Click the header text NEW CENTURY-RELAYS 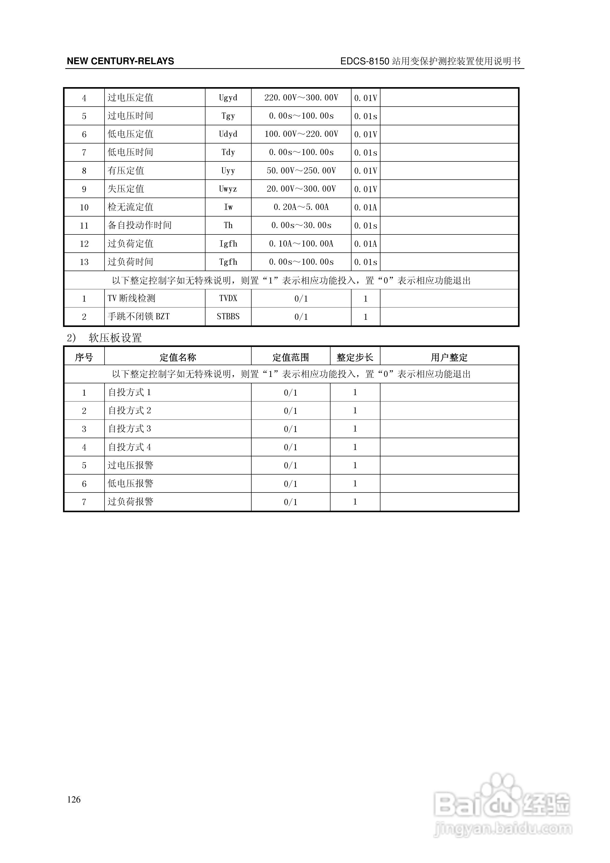pos(120,61)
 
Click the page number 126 pos(74,799)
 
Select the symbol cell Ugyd pos(228,98)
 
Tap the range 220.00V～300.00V pos(301,98)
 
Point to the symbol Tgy pos(228,116)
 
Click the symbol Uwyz pos(228,189)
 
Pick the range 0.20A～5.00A pos(301,207)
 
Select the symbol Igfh pos(228,244)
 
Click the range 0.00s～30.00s pos(301,225)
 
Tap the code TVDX pos(228,299)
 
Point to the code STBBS pos(228,316)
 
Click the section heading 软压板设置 pos(115,338)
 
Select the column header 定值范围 pos(291,357)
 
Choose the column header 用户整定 pos(449,357)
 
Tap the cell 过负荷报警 pos(130,502)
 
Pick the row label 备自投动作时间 pos(139,225)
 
